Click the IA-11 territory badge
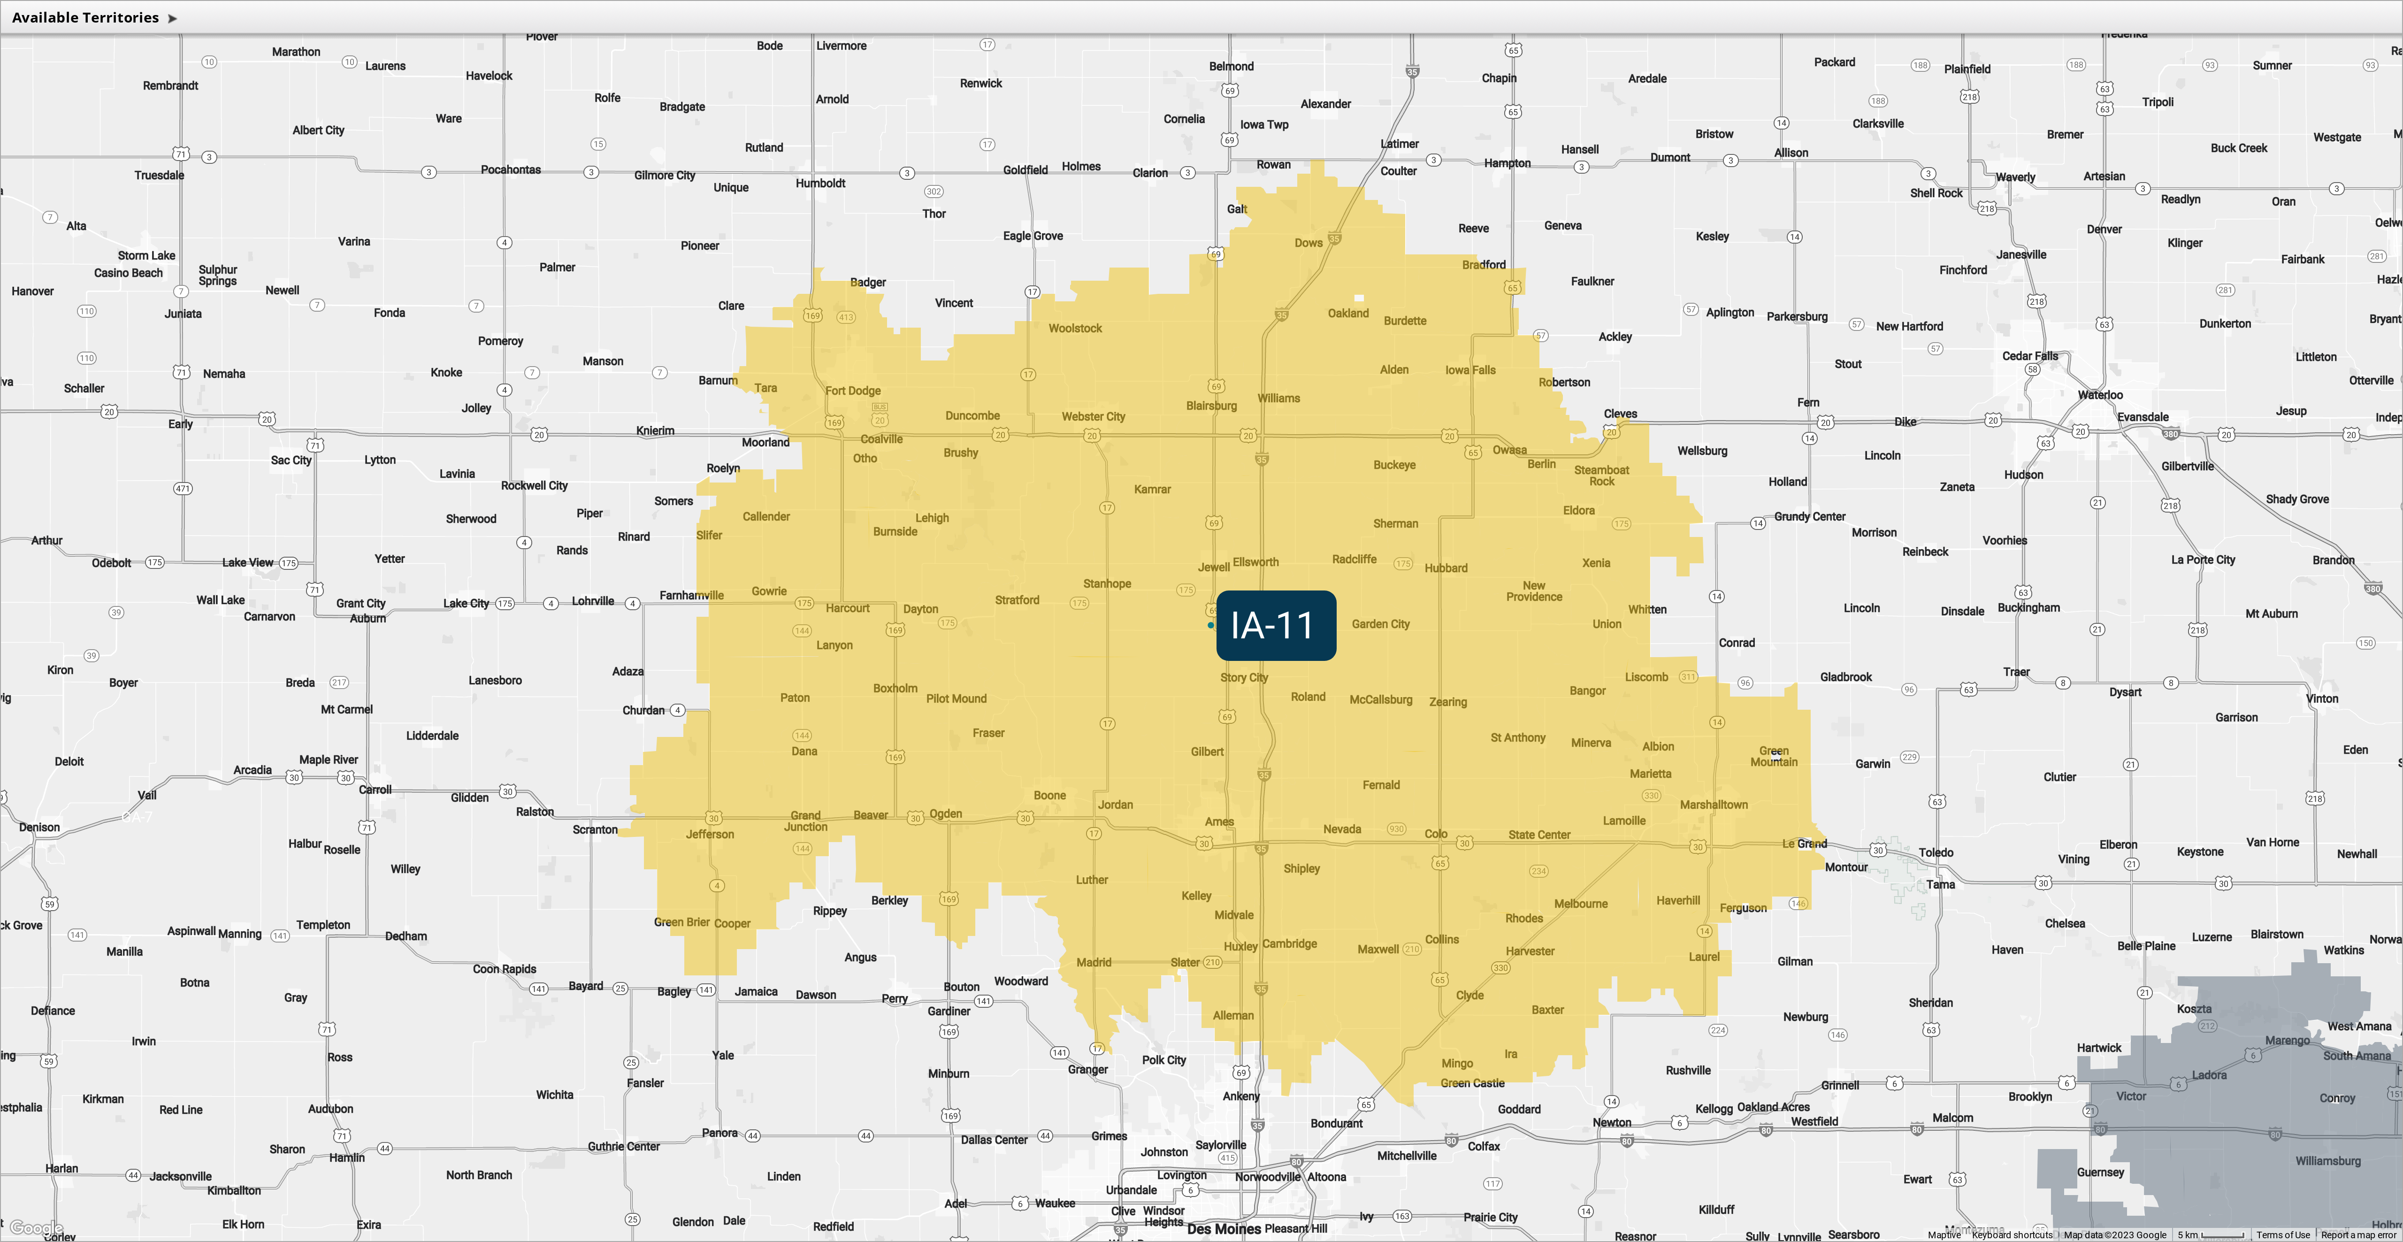1275,625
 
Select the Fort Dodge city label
853,391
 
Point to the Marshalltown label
1714,805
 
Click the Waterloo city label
2100,395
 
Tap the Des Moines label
1223,1229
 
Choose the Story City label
1243,677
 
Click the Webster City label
1093,416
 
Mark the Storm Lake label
146,256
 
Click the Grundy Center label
1810,516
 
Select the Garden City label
1381,624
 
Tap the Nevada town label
1341,828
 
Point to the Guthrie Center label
623,1146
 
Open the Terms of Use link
2283,1234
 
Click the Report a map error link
2358,1234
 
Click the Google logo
36,1228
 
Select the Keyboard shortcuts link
2012,1234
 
